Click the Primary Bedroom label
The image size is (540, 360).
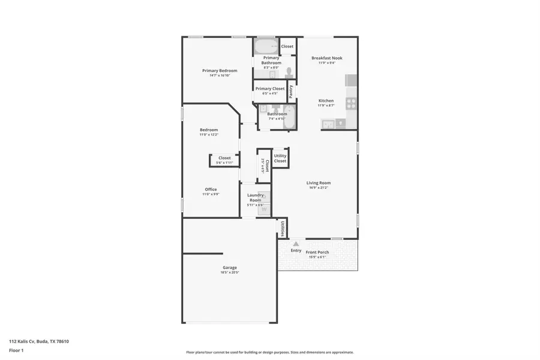[x=219, y=70]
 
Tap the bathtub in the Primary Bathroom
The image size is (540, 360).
[x=266, y=46]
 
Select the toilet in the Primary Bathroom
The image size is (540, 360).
[x=289, y=72]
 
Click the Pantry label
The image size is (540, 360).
[x=291, y=91]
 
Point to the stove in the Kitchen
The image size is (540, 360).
[x=350, y=103]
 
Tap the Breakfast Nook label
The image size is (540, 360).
[x=326, y=58]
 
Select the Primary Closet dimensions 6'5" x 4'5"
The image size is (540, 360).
[x=270, y=94]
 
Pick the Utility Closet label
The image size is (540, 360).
[x=280, y=158]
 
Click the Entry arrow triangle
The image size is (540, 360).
[x=296, y=244]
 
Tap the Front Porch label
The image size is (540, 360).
[x=317, y=252]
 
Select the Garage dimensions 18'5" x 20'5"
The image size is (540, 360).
[x=230, y=272]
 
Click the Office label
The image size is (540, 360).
[x=211, y=190]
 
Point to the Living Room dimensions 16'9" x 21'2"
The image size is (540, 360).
[x=318, y=188]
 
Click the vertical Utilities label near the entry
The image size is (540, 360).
[x=282, y=228]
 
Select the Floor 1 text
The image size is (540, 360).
[x=16, y=350]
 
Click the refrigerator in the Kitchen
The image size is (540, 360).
[x=351, y=80]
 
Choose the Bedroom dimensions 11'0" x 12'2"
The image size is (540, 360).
[x=209, y=135]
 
